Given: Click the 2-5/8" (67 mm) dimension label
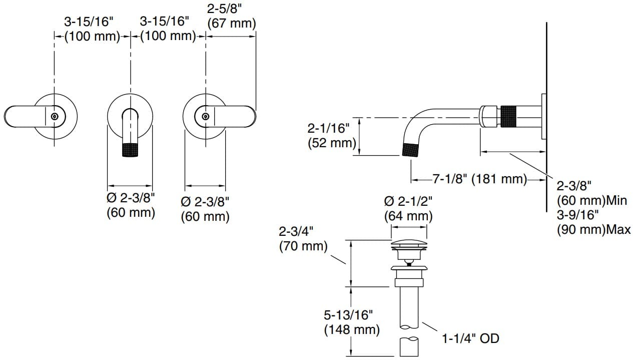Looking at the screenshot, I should (x=231, y=16).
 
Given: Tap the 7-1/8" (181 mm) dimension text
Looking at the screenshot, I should (x=479, y=179).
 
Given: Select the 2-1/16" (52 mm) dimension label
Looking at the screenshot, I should (x=331, y=135).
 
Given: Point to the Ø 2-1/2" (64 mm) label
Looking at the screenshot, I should (x=408, y=209).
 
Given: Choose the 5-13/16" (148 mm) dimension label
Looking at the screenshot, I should (x=348, y=322).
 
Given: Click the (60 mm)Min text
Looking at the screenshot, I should (x=591, y=201).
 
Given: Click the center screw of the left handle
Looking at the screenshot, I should (x=55, y=116).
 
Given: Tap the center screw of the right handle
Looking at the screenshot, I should (x=205, y=116).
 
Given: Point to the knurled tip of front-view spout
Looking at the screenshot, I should (x=130, y=150).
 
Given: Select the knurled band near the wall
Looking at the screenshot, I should (x=508, y=116).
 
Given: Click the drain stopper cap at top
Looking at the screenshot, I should (x=409, y=244).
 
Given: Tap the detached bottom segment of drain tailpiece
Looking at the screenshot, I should (x=409, y=346).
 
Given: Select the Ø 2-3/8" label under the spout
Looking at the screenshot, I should (x=131, y=205).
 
